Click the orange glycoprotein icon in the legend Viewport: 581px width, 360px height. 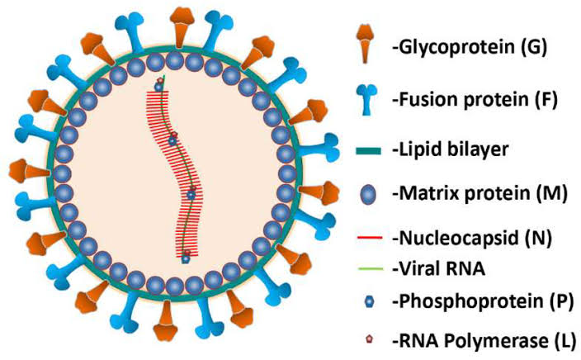pos(362,44)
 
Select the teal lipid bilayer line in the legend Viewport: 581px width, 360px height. pos(363,149)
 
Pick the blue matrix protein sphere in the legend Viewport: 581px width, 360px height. pos(363,196)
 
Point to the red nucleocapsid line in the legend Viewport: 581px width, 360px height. pos(363,239)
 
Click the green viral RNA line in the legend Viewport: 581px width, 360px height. pos(363,268)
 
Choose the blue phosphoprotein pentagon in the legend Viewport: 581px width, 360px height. pos(364,302)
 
